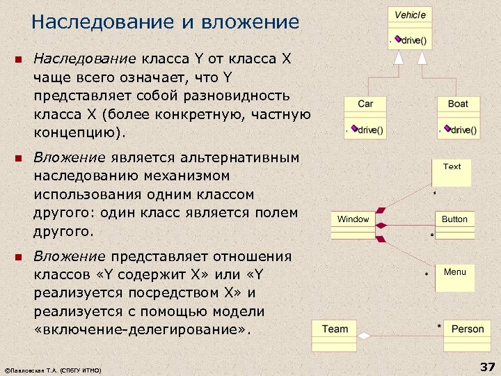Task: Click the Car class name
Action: click(x=365, y=104)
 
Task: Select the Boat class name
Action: click(x=458, y=104)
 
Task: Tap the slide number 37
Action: click(x=486, y=367)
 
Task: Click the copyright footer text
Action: click(x=52, y=370)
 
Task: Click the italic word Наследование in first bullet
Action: click(x=87, y=58)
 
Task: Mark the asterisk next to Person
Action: click(x=439, y=326)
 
